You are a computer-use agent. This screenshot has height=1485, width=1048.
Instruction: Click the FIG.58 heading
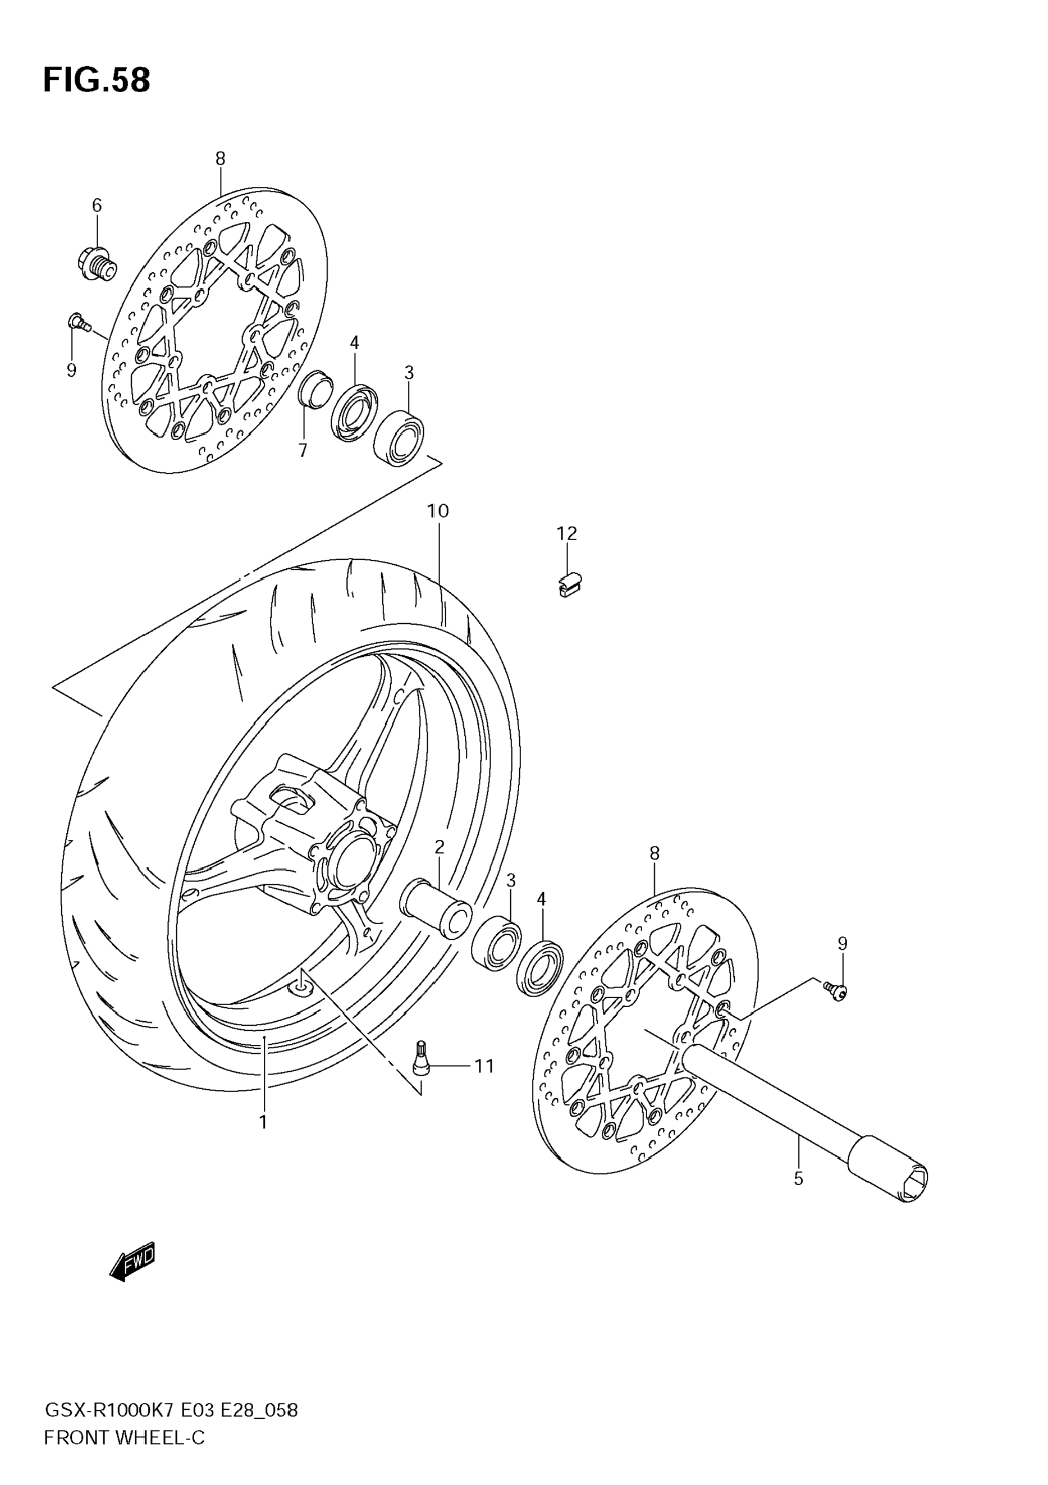click(97, 81)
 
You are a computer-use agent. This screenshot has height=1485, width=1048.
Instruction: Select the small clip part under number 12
click(569, 584)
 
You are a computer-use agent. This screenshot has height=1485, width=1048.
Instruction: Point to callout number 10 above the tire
click(438, 511)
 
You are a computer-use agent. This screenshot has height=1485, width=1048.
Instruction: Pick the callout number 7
click(303, 451)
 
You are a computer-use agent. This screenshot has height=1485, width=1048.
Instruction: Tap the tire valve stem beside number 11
click(422, 1058)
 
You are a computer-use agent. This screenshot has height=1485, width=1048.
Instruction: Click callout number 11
click(484, 1066)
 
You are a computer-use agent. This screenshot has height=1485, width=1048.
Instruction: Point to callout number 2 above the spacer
click(440, 847)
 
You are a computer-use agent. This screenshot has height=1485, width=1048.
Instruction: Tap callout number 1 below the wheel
click(263, 1122)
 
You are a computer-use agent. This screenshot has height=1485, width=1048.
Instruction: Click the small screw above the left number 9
click(77, 322)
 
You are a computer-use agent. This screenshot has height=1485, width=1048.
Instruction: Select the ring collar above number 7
click(315, 390)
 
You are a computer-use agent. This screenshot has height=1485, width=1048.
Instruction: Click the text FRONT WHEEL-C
click(124, 1438)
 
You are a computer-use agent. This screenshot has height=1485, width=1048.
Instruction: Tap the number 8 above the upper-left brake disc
click(221, 158)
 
